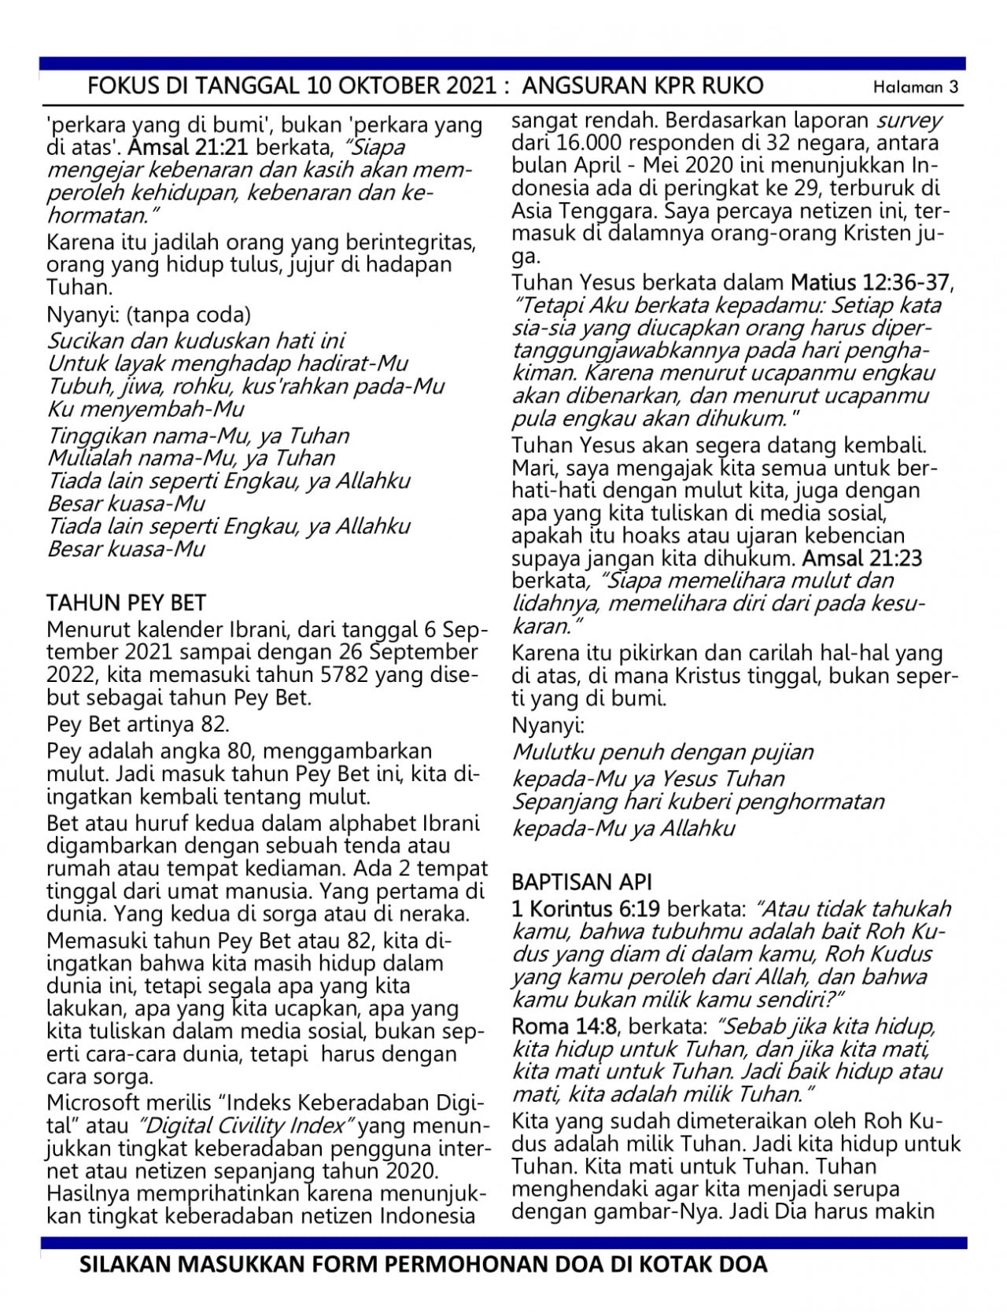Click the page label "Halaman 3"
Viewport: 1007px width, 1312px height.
point(916,87)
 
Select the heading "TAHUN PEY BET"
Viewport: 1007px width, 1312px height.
point(127,603)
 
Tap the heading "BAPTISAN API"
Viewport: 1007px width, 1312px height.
point(582,882)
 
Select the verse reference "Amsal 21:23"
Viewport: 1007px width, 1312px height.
point(862,558)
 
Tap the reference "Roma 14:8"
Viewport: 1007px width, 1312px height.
point(563,1026)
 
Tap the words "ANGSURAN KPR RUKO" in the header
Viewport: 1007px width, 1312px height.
point(643,85)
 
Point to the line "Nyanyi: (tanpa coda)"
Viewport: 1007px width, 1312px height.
point(149,315)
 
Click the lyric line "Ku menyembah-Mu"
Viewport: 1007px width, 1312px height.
point(146,409)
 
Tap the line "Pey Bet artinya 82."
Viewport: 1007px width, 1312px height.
point(138,724)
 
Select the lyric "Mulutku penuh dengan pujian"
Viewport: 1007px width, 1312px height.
point(663,752)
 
